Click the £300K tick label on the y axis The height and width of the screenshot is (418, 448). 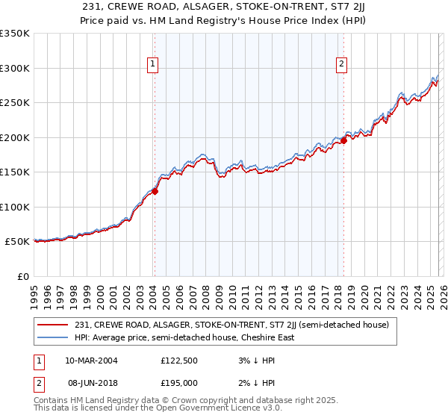pyautogui.click(x=14, y=68)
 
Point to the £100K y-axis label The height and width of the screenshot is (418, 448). pyautogui.click(x=14, y=207)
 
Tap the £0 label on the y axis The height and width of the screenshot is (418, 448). pyautogui.click(x=22, y=276)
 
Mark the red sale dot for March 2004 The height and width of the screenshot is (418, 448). pyautogui.click(x=155, y=191)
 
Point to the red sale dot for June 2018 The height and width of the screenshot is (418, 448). pyautogui.click(x=343, y=140)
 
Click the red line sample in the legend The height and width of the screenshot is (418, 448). pyautogui.click(x=53, y=325)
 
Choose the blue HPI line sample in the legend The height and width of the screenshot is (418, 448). pyautogui.click(x=53, y=337)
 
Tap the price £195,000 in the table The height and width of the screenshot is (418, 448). pyautogui.click(x=179, y=383)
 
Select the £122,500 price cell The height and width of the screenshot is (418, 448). pyautogui.click(x=179, y=361)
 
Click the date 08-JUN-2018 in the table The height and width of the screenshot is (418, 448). pyautogui.click(x=92, y=383)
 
